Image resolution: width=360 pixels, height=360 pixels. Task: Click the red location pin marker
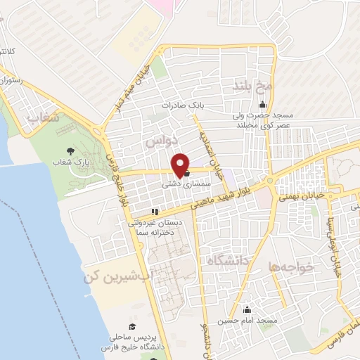coord(181,165)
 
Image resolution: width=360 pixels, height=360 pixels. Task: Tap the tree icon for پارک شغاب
coord(69,151)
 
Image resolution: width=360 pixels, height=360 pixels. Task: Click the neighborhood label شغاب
coord(41,119)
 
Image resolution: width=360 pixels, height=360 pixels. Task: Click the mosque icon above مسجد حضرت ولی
coord(262,105)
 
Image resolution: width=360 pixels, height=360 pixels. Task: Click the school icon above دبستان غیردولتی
coord(155,211)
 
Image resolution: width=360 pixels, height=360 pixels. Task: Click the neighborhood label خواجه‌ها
coord(289,267)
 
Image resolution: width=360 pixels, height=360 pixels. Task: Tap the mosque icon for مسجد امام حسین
coord(247,310)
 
